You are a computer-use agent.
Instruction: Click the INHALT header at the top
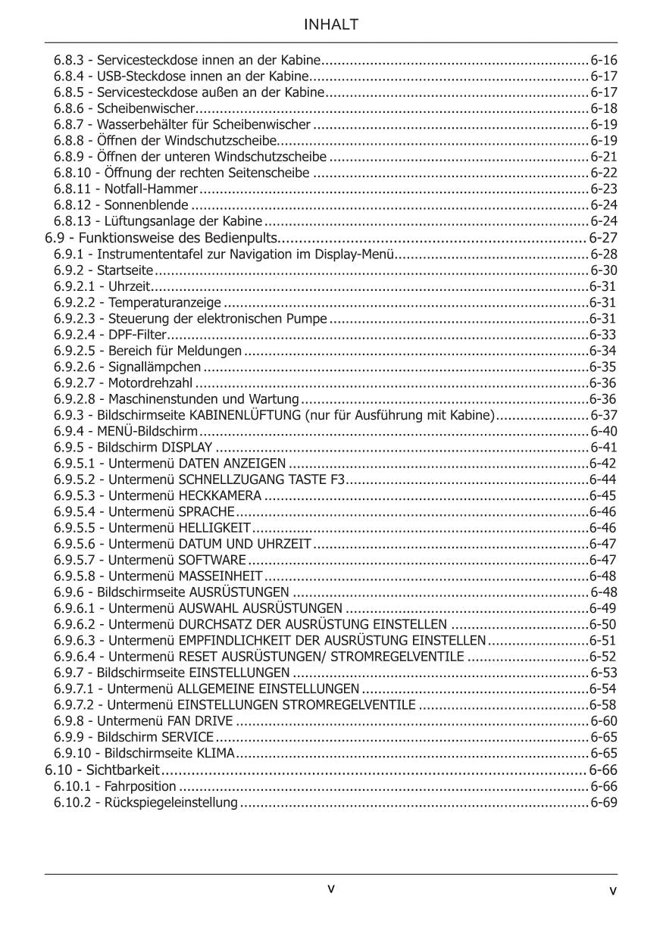331,25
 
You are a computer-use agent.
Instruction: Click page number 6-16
604,60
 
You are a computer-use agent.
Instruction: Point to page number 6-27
603,238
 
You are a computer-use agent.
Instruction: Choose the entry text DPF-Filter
136,334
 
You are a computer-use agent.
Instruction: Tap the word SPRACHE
205,512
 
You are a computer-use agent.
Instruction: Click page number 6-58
603,705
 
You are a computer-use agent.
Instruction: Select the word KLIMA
217,754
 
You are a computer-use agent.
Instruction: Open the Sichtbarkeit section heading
123,770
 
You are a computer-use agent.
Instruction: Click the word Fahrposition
140,786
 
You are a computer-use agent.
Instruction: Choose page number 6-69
604,802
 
